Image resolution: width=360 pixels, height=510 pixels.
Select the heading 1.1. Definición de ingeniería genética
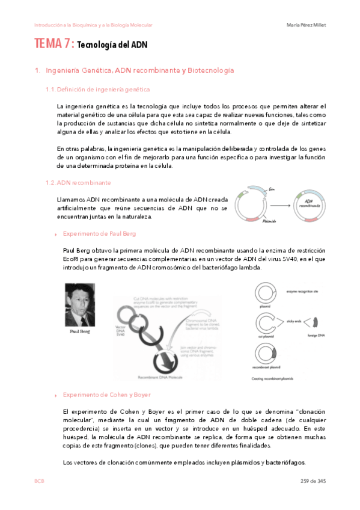tap(103, 90)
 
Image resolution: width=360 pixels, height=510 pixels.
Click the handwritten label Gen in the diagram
tap(272, 189)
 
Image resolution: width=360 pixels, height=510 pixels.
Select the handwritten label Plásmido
tap(269, 221)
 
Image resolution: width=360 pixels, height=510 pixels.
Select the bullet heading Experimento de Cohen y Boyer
tap(102, 395)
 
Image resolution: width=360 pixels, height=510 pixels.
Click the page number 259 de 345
tap(313, 482)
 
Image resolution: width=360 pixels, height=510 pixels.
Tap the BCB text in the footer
tap(39, 482)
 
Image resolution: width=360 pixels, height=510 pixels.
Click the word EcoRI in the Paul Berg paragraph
tap(72, 259)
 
